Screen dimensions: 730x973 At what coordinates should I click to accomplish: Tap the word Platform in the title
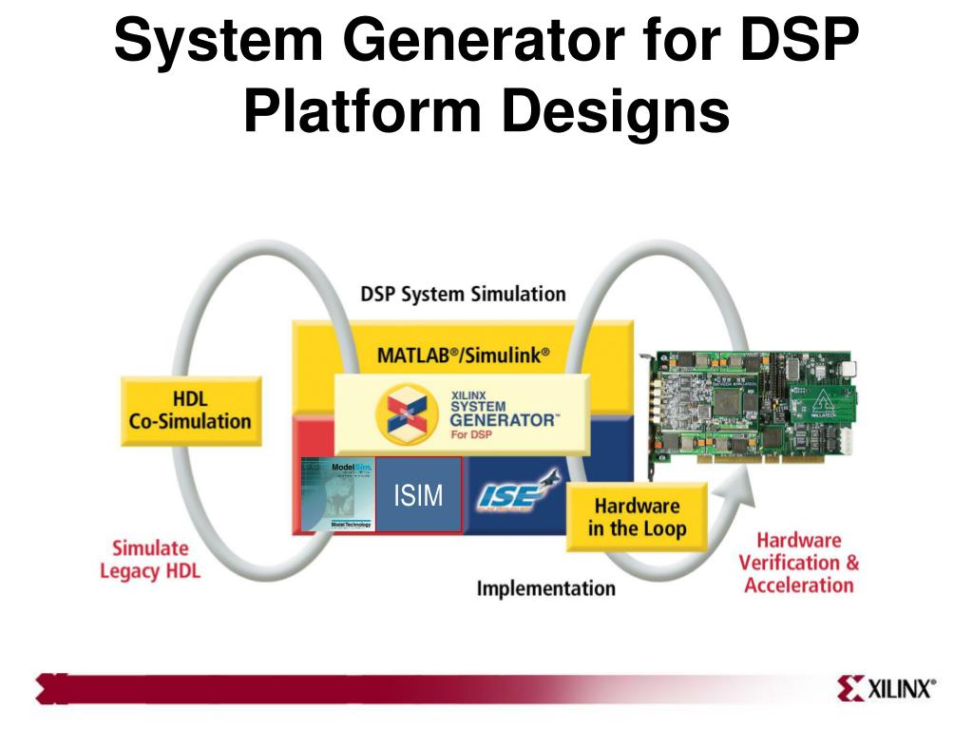pos(364,112)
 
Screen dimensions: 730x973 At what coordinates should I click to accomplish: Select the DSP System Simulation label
pos(463,294)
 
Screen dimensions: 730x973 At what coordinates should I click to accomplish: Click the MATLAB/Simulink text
pos(464,355)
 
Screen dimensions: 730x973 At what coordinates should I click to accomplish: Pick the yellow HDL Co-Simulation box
pos(190,410)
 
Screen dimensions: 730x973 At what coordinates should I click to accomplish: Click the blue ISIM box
pos(418,495)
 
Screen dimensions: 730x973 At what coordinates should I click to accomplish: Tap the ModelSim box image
pos(338,494)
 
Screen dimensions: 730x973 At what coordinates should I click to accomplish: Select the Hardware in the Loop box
pos(636,517)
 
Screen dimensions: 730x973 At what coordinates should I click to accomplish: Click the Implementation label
pos(545,588)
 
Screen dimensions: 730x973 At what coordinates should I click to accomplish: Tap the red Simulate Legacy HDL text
pos(150,560)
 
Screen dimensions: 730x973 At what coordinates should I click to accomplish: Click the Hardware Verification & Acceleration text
pos(799,562)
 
